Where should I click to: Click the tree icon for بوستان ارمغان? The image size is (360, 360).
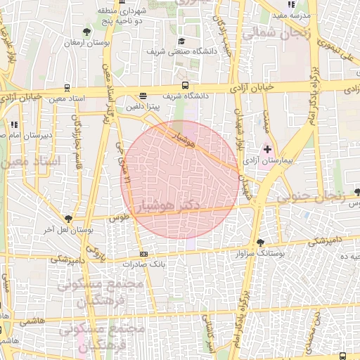click(86, 32)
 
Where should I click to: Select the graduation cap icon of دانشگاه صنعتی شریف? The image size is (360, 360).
click(181, 41)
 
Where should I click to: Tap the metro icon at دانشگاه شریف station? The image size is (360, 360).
click(143, 96)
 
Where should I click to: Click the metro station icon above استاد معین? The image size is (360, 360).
click(67, 89)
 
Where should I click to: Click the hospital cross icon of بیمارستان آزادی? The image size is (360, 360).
click(266, 149)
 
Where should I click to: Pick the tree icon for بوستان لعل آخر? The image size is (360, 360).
click(68, 219)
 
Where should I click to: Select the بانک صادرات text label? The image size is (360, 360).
click(143, 264)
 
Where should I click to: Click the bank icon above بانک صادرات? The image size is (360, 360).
click(144, 254)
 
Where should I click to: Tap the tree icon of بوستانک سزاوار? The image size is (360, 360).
click(261, 241)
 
